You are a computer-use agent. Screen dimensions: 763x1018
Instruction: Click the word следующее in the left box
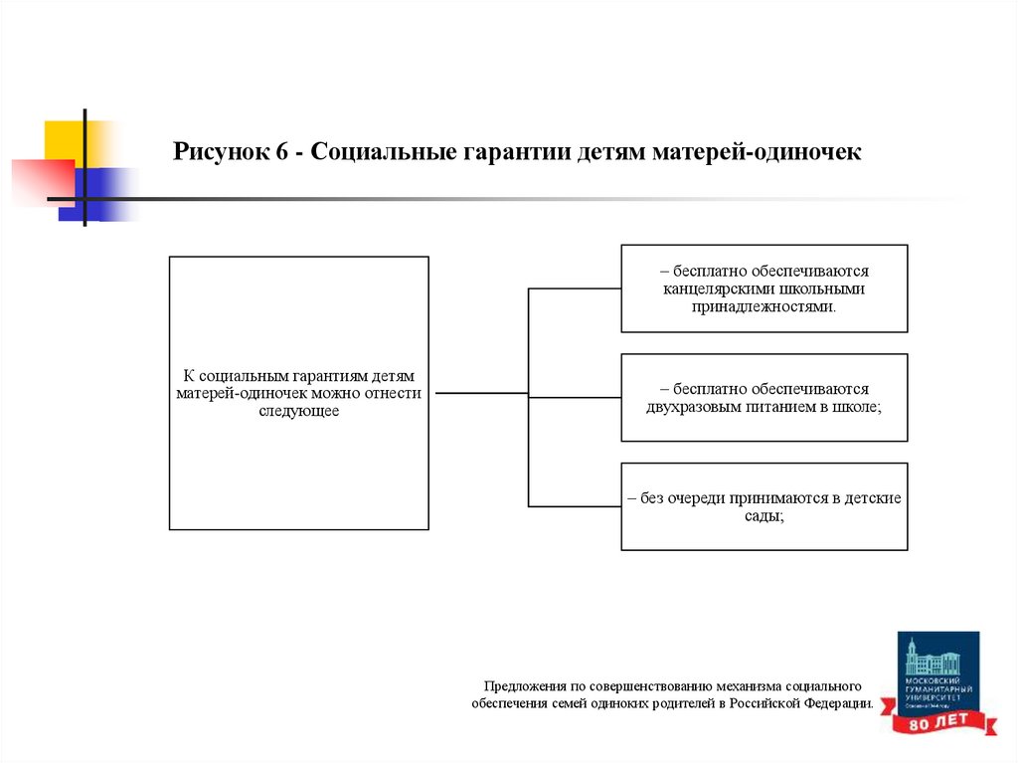click(x=299, y=410)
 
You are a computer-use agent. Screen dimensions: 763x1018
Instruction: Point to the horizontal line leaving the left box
click(x=482, y=393)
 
